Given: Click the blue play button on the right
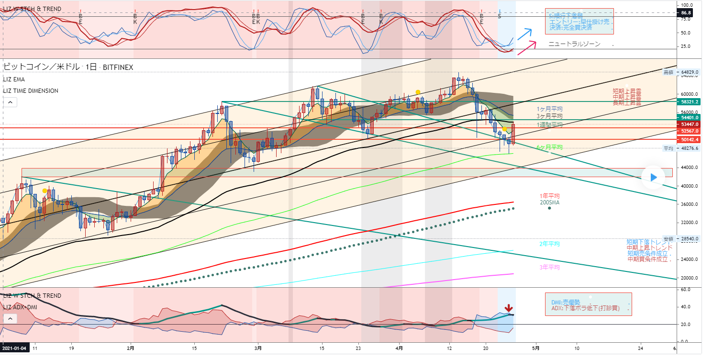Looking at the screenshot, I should (654, 177).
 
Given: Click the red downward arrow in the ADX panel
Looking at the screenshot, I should (509, 308).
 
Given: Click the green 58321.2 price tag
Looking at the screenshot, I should (688, 101).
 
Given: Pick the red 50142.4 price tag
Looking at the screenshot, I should (688, 139).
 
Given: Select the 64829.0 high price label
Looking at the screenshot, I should (687, 72).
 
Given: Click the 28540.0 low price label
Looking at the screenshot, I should (688, 238).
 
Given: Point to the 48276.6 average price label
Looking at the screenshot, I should (688, 148).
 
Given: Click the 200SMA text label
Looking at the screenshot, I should (549, 202).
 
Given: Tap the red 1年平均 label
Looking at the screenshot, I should (549, 196).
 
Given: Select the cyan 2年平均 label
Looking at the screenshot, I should (549, 244).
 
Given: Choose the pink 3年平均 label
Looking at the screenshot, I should (549, 267).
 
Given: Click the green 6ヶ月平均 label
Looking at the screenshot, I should (549, 147).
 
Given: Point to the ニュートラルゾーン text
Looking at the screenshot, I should (574, 44).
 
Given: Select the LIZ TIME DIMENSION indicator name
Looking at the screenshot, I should (31, 91).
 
